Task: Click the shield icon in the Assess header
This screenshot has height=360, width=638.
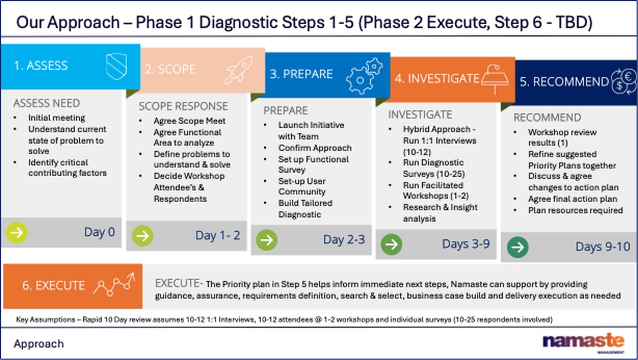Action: click(x=116, y=66)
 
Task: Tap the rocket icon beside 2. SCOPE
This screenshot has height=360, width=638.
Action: click(x=239, y=70)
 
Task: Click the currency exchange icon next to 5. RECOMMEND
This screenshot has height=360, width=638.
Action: click(x=624, y=82)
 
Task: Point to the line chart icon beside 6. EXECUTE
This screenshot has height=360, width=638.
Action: click(x=114, y=284)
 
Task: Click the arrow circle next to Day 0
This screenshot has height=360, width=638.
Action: click(x=17, y=232)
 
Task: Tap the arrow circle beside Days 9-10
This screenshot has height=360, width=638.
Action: click(x=517, y=247)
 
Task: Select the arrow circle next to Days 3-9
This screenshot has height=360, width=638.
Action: click(x=392, y=244)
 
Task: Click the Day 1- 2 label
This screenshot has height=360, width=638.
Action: click(x=217, y=235)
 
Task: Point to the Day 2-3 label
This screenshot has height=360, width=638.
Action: click(x=344, y=239)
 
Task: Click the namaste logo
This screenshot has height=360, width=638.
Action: click(x=584, y=341)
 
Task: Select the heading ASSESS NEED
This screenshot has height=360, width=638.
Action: click(x=47, y=103)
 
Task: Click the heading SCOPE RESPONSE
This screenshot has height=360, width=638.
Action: click(x=183, y=106)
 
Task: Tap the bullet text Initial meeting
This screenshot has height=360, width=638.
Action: click(x=57, y=118)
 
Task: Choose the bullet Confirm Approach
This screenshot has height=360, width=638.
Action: click(x=315, y=148)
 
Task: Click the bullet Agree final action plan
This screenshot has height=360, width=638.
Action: click(x=572, y=199)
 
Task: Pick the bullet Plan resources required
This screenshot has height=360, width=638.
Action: click(x=575, y=210)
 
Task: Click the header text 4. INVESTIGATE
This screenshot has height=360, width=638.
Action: click(x=437, y=78)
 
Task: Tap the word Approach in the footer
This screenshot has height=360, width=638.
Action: click(x=38, y=344)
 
